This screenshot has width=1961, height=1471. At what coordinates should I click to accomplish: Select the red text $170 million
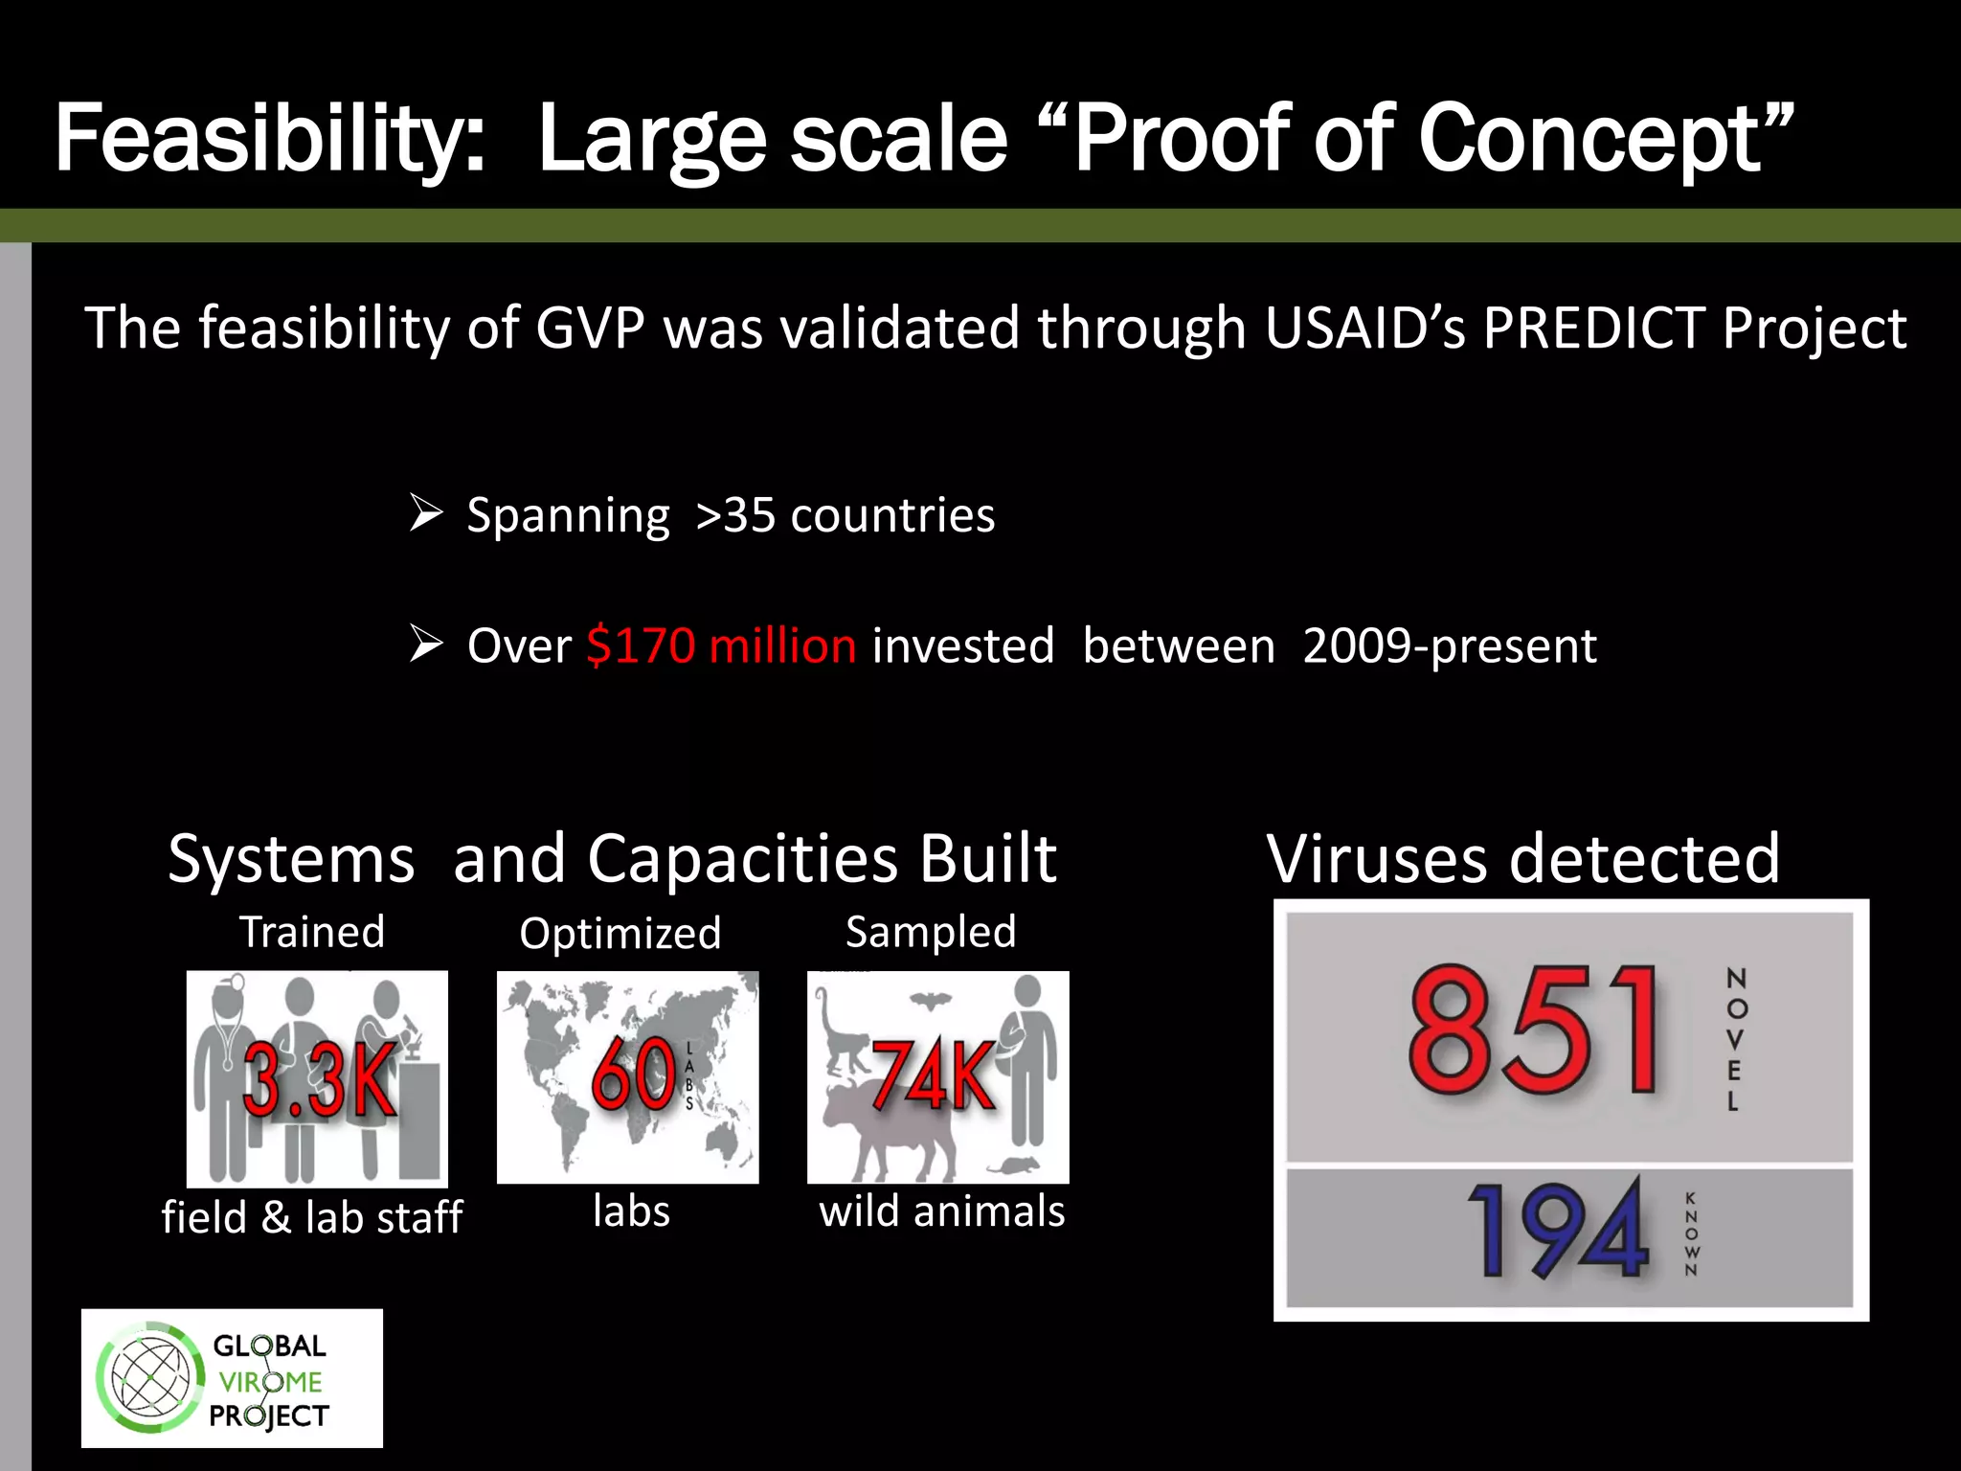[x=721, y=645]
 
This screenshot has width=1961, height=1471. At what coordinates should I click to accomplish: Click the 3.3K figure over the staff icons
[x=319, y=1079]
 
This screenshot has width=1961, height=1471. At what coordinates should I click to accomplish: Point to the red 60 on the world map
[x=633, y=1074]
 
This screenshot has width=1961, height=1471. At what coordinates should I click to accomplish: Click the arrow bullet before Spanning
[x=425, y=513]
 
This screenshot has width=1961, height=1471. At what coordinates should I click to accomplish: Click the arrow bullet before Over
[x=425, y=644]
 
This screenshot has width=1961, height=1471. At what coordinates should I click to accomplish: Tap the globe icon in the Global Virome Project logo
[x=150, y=1377]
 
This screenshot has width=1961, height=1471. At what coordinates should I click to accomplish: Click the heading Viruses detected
[x=1522, y=858]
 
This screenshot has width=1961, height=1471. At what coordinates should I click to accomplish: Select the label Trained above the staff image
[x=312, y=932]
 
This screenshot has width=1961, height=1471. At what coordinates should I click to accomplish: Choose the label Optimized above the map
[x=620, y=934]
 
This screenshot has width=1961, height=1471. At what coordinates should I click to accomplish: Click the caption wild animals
[x=941, y=1211]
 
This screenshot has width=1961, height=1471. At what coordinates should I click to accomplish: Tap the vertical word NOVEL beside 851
[x=1735, y=1039]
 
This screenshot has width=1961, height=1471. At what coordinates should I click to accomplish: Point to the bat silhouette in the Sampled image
[x=928, y=1002]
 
